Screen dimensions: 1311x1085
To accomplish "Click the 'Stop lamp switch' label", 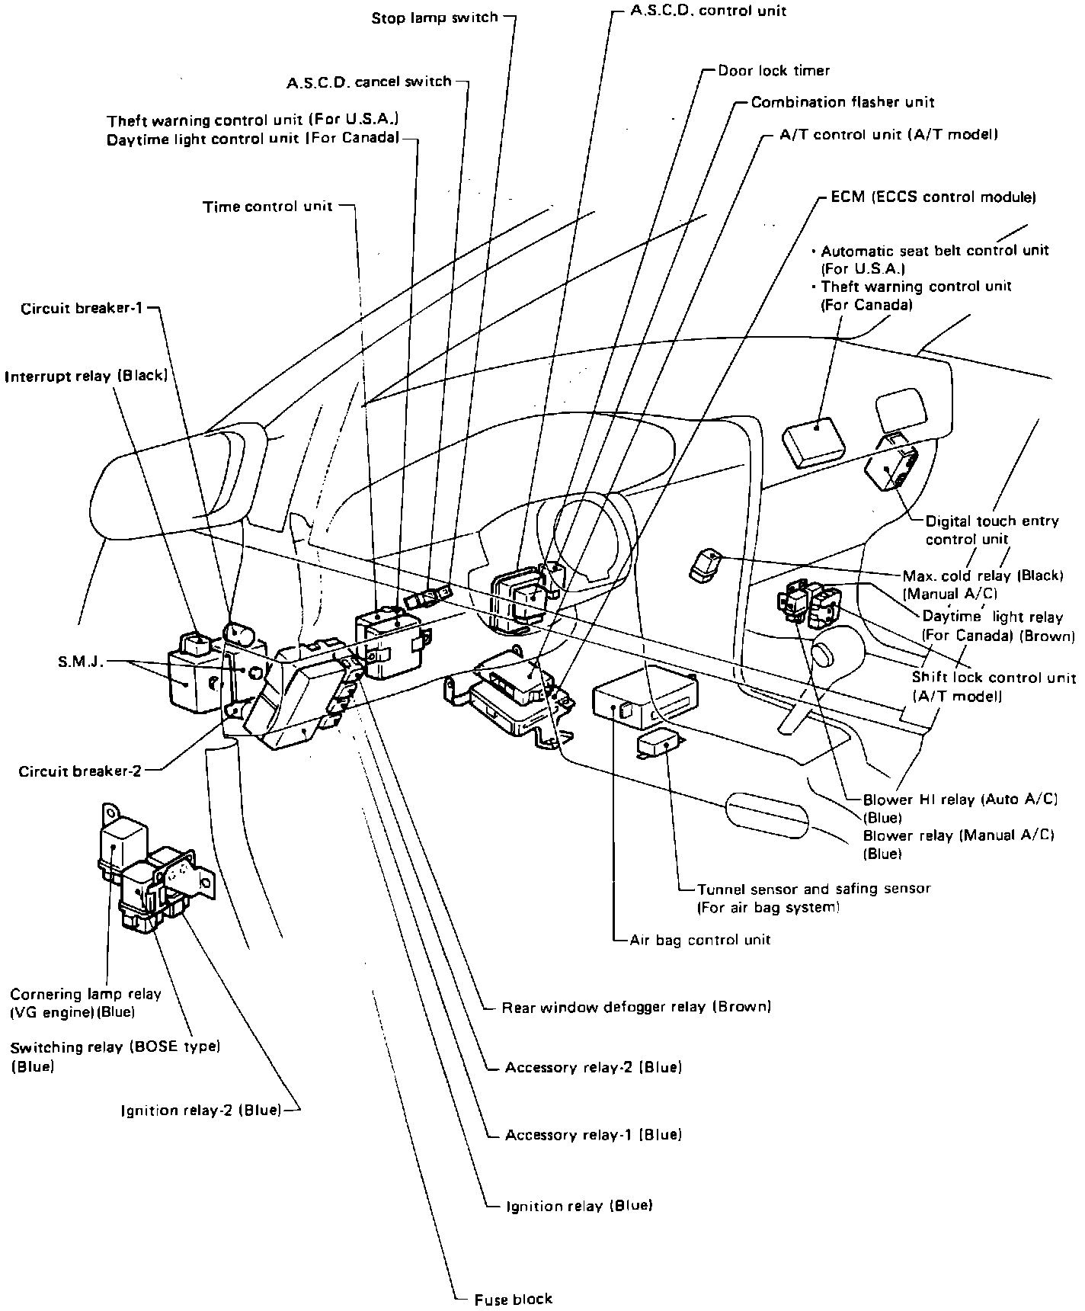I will click(x=434, y=18).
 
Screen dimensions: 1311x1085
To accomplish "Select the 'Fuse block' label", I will click(x=513, y=1298).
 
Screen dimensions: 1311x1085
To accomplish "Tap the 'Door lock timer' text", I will click(x=773, y=71).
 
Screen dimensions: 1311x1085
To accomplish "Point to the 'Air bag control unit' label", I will click(x=699, y=940).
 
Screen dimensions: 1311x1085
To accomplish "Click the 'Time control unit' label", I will click(x=267, y=207).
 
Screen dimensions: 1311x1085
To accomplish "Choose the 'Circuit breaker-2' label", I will click(x=80, y=771).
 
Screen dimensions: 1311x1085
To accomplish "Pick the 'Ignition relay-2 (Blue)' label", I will click(x=201, y=1110).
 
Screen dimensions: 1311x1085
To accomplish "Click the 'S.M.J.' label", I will click(x=80, y=662).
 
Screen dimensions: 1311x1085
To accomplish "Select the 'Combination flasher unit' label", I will click(x=842, y=102).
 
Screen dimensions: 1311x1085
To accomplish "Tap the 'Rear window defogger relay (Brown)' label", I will click(x=636, y=1007).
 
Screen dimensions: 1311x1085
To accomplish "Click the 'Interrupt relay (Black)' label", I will click(x=85, y=376).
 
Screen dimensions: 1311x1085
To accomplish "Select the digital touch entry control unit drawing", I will click(x=890, y=465).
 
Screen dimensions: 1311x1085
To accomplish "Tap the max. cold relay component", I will click(x=705, y=565).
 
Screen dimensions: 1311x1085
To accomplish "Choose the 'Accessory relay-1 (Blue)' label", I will click(x=593, y=1136).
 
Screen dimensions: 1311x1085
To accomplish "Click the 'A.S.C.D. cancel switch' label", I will click(x=369, y=82).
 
